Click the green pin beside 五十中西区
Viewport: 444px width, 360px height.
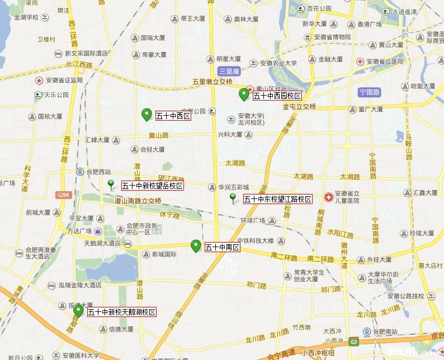pyautogui.click(x=147, y=114)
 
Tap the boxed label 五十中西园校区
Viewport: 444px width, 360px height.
pyautogui.click(x=277, y=96)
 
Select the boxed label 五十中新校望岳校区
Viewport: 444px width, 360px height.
pyautogui.click(x=152, y=186)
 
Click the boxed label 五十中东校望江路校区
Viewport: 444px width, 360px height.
pyautogui.click(x=277, y=199)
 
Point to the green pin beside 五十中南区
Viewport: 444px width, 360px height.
pyautogui.click(x=196, y=245)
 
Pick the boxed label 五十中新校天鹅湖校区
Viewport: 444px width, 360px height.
pyautogui.click(x=121, y=312)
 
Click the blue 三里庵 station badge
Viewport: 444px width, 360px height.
pyautogui.click(x=229, y=71)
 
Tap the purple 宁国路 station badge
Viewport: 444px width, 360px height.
pyautogui.click(x=370, y=92)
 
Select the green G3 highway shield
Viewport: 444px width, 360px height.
pyautogui.click(x=353, y=341)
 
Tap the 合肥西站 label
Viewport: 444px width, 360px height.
pyautogui.click(x=97, y=172)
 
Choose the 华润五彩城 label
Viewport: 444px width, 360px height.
pyautogui.click(x=233, y=187)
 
